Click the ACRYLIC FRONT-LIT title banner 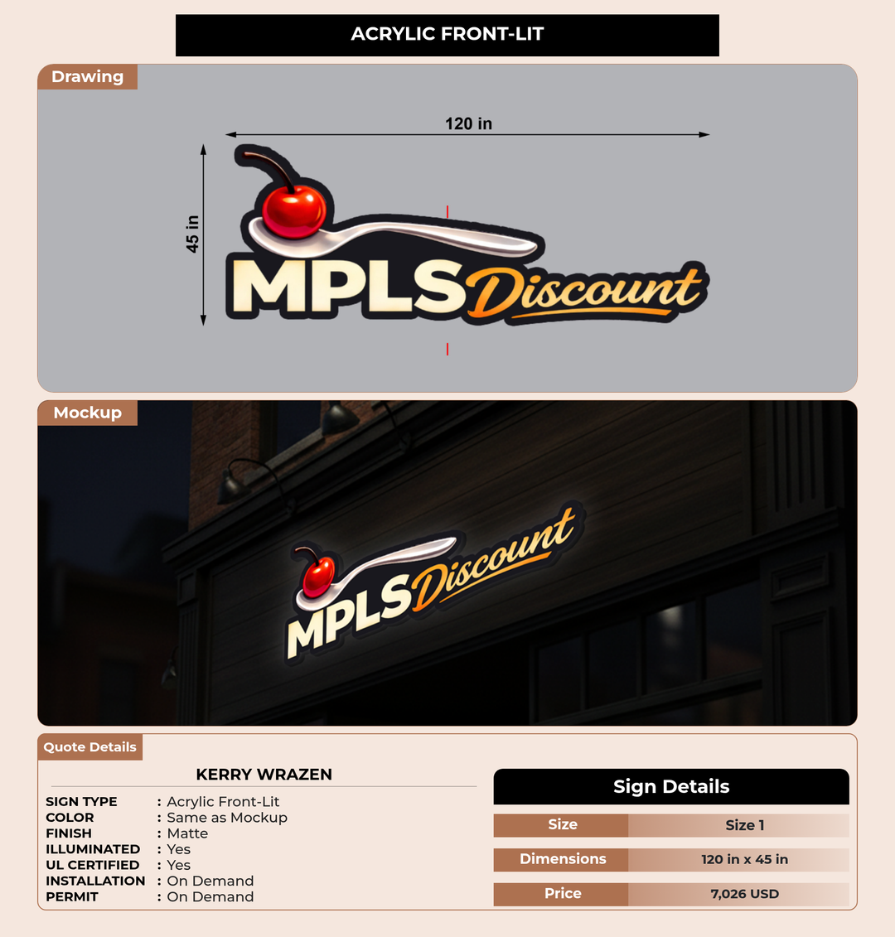[447, 36]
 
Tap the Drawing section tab [88, 77]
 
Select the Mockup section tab [88, 413]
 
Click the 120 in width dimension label [469, 123]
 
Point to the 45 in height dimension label [192, 234]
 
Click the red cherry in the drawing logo [293, 209]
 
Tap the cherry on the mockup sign [318, 576]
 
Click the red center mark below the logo [447, 349]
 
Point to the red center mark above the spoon [447, 211]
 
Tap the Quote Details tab [90, 747]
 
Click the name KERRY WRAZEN [264, 775]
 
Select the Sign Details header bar [670, 786]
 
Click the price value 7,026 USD [744, 894]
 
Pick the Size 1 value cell [744, 825]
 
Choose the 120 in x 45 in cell [744, 859]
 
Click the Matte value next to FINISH [187, 833]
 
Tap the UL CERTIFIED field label [93, 865]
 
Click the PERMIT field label [72, 897]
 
